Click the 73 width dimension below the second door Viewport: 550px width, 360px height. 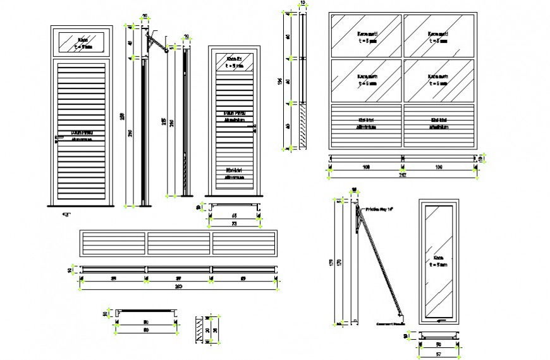(x=234, y=224)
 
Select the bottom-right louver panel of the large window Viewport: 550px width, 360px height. (x=439, y=125)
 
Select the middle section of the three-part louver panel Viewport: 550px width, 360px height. (x=179, y=244)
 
